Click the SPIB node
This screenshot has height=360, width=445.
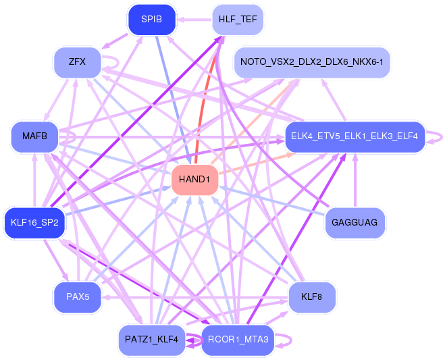click(151, 19)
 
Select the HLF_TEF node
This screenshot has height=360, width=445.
click(237, 20)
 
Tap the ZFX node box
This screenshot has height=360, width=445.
click(77, 62)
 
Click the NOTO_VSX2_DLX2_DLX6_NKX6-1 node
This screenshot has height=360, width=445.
click(312, 62)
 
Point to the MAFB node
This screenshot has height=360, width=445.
click(34, 136)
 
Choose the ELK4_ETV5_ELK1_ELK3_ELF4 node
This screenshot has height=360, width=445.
click(355, 136)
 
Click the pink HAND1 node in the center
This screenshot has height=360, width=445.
click(194, 180)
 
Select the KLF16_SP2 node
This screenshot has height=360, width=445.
click(34, 222)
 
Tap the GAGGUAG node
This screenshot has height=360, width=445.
click(355, 222)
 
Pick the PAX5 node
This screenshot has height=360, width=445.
click(78, 297)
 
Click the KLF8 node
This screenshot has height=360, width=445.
click(311, 297)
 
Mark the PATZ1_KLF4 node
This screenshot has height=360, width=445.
click(151, 340)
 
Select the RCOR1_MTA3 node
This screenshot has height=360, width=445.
click(237, 340)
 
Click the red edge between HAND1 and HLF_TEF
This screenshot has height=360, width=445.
click(207, 108)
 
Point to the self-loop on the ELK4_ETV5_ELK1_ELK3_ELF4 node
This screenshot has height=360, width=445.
click(437, 136)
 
